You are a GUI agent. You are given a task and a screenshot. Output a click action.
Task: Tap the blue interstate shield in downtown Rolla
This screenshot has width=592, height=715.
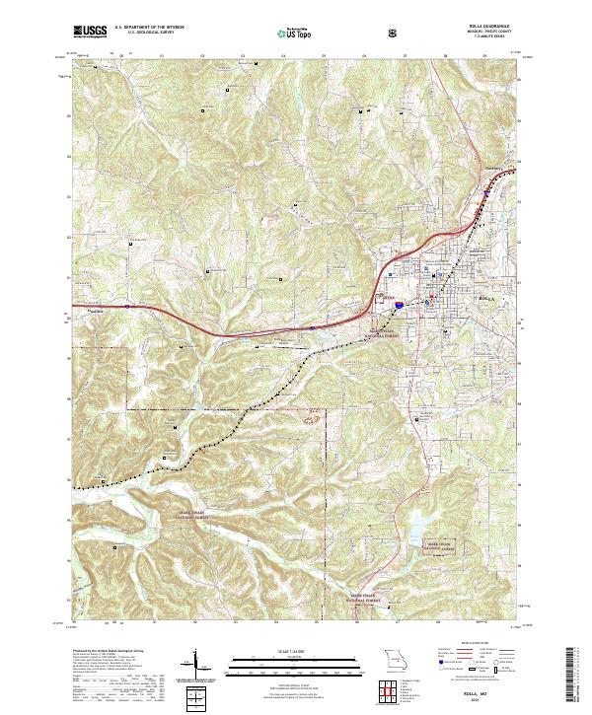[399, 306]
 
